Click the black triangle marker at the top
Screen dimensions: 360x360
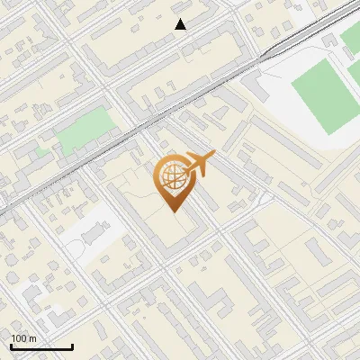(181, 24)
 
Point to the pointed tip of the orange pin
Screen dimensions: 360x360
(174, 211)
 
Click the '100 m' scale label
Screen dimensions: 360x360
(23, 337)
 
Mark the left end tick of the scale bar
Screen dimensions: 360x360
(11, 346)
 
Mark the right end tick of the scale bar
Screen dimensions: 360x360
(72, 346)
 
